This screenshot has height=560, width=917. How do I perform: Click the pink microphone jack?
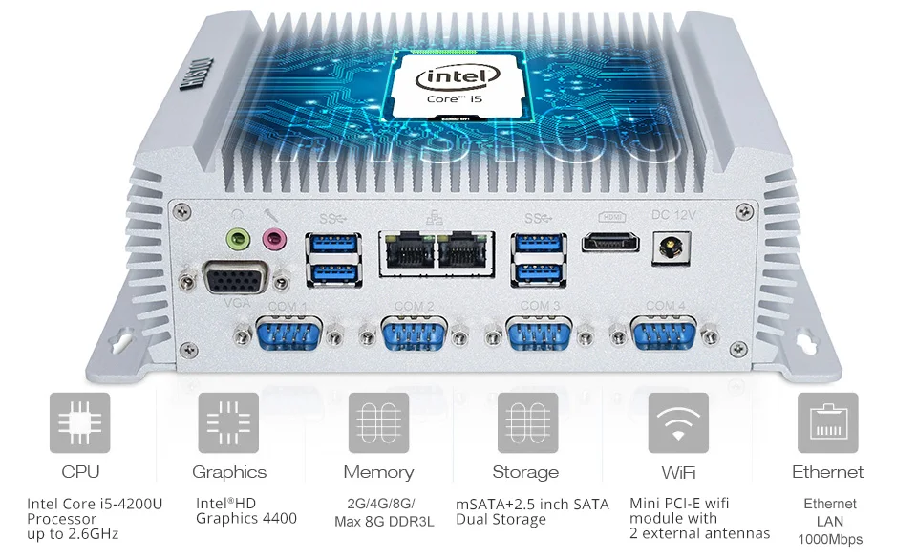click(274, 238)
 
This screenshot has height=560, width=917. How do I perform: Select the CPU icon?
click(80, 422)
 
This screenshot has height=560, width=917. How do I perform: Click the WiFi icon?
click(678, 422)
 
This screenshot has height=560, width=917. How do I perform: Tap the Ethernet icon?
click(827, 422)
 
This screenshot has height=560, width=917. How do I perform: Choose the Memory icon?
click(378, 422)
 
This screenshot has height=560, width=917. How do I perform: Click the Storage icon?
click(525, 422)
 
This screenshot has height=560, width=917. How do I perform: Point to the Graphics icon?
click(229, 422)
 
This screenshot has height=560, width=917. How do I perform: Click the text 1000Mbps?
click(829, 539)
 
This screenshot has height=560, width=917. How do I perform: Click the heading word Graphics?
click(229, 472)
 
